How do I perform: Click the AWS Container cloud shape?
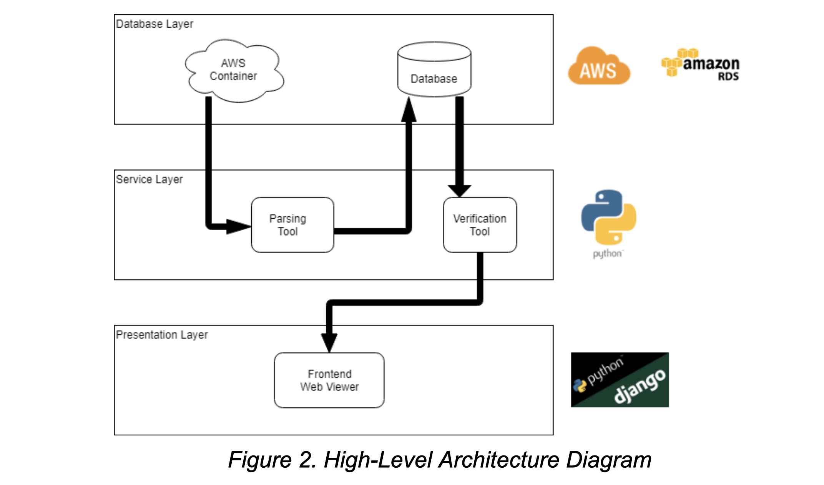click(x=234, y=70)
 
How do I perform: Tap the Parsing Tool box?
click(x=292, y=225)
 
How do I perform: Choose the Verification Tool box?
click(x=480, y=225)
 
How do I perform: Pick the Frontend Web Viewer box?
click(x=329, y=380)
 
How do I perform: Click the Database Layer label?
click(x=154, y=24)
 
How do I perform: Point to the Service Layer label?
click(x=149, y=179)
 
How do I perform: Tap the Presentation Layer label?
click(x=162, y=335)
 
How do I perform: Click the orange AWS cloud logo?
click(x=598, y=67)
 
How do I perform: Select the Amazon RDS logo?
click(x=701, y=63)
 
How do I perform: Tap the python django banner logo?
click(x=620, y=380)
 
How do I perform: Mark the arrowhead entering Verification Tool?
click(x=459, y=190)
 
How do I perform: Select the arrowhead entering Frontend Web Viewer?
click(x=329, y=342)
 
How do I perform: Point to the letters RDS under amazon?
click(x=728, y=76)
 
